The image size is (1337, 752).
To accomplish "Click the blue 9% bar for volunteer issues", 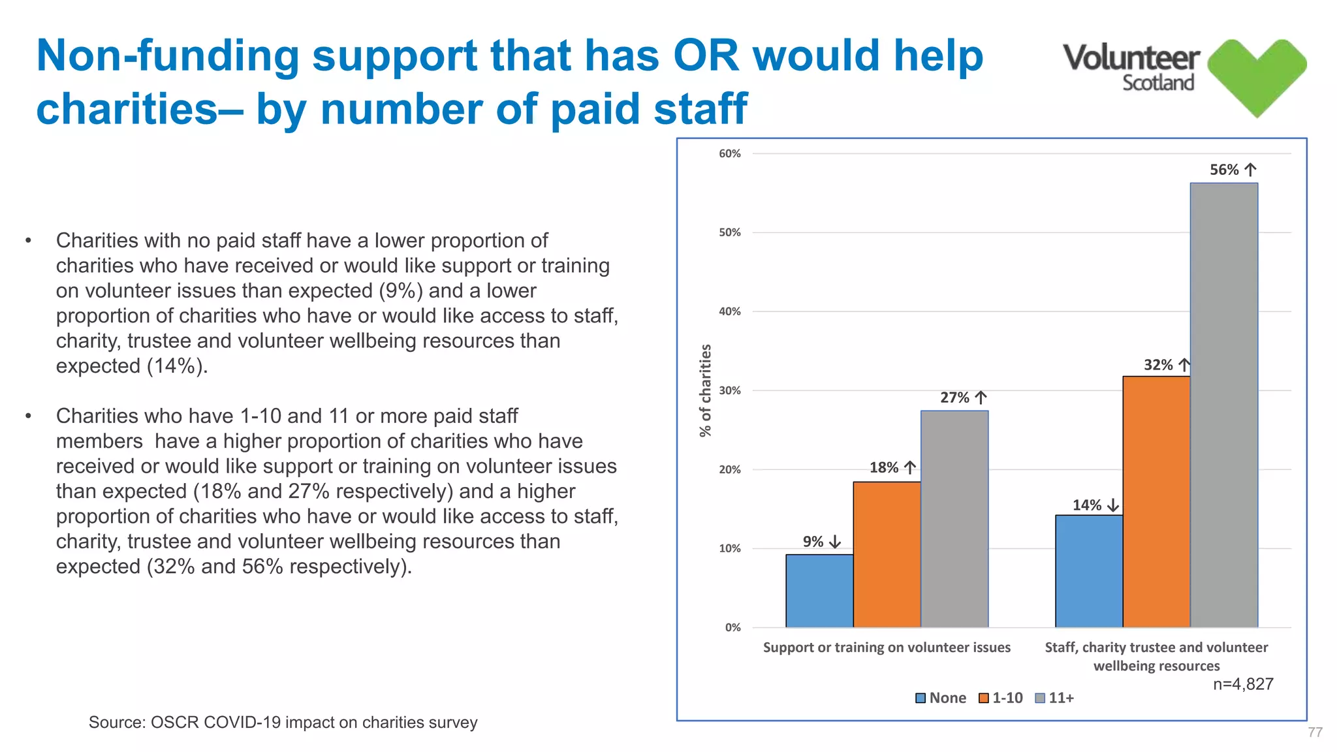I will pyautogui.click(x=819, y=591).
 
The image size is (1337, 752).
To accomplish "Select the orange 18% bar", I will pyautogui.click(x=887, y=554).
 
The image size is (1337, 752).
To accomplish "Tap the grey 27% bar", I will pyautogui.click(x=954, y=519).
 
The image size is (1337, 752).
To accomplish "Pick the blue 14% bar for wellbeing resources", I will pyautogui.click(x=1089, y=571).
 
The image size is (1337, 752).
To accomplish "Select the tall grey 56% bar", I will pyautogui.click(x=1224, y=405).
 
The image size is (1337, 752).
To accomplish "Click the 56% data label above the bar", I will pyautogui.click(x=1224, y=170).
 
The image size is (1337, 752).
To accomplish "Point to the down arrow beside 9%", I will pyautogui.click(x=835, y=542).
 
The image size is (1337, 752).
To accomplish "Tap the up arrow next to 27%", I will pyautogui.click(x=981, y=398).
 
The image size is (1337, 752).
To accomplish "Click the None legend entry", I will pyautogui.click(x=941, y=698).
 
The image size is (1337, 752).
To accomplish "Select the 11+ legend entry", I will pyautogui.click(x=1055, y=698).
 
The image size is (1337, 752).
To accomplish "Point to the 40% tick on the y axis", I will pyautogui.click(x=730, y=311).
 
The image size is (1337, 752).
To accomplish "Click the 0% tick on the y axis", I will pyautogui.click(x=732, y=627).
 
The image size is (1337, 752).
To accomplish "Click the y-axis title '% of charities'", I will pyautogui.click(x=705, y=390).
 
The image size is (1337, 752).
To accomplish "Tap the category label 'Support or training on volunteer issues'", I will pyautogui.click(x=887, y=648).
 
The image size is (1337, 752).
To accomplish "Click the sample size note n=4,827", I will pyautogui.click(x=1243, y=684).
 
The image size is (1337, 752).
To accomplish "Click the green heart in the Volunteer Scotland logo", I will pyautogui.click(x=1257, y=75).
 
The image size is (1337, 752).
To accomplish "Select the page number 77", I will pyautogui.click(x=1315, y=732).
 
